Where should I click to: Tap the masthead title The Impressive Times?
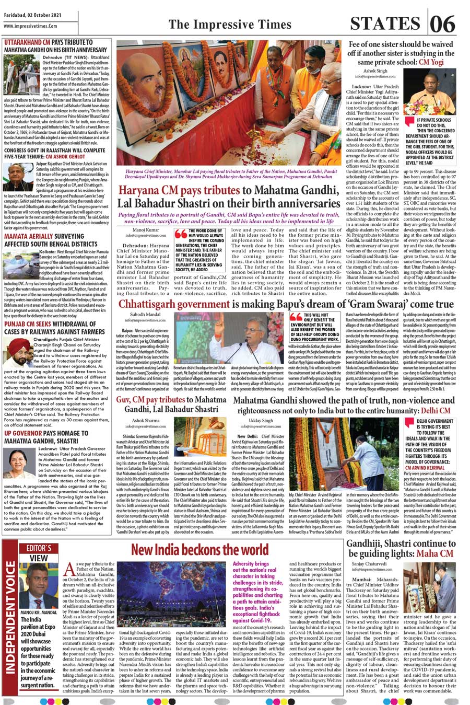click(230, 24)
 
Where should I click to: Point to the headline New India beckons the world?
click(199, 549)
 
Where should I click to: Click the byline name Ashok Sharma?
click(146, 421)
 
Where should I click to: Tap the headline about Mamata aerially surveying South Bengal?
click(51, 240)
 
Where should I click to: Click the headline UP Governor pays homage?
click(46, 437)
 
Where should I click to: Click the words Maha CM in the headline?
click(434, 553)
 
